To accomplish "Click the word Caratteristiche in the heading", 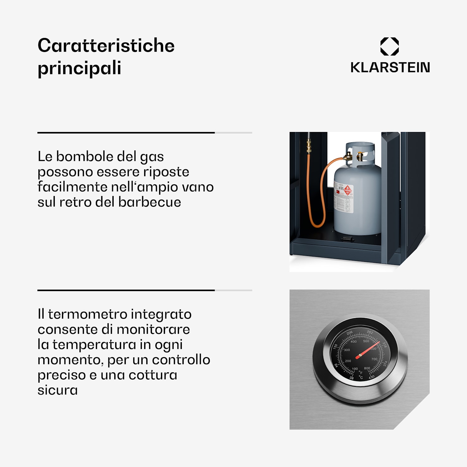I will pos(106,45).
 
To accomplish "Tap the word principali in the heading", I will pos(79,68).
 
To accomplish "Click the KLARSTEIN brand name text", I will pos(390,68).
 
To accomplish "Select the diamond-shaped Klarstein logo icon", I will pos(389,46).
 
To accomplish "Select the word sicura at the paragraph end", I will pos(58,390).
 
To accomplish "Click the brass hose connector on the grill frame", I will pos(309,147).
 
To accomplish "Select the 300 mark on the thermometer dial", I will pos(347,350).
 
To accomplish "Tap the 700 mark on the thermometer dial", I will pos(374,359).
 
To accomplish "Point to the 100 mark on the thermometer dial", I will pos(355,369).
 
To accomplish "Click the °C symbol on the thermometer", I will pos(361,377).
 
